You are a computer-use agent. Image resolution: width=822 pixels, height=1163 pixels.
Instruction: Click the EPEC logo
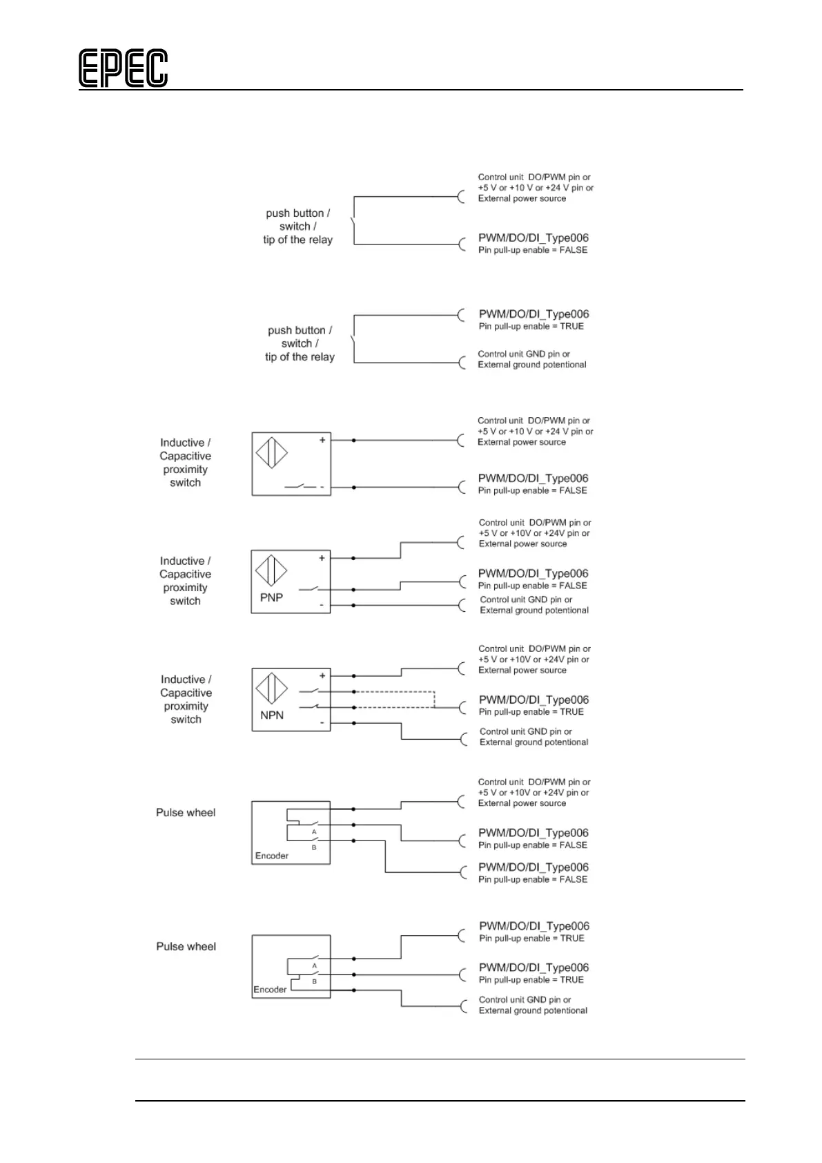coord(123,68)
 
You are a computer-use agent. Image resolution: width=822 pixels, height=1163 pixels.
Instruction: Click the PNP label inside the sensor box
coord(271,597)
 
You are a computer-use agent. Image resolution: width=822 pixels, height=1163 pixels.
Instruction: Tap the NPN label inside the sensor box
coord(272,715)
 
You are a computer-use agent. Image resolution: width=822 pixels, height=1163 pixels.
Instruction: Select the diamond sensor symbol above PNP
coord(271,570)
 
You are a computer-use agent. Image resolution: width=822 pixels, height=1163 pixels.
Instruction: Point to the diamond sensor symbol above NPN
coord(272,688)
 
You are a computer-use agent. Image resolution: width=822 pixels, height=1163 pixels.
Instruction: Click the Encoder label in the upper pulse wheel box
coord(272,856)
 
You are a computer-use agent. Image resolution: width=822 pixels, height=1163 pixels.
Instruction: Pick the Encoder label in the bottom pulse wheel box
coord(270,990)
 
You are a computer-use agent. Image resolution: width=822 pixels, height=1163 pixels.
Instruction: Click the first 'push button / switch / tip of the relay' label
coord(297,227)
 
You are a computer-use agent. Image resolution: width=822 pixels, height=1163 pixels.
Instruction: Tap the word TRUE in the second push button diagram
coord(571,326)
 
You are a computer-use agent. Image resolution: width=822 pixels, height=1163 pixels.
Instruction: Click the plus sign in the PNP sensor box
coord(322,558)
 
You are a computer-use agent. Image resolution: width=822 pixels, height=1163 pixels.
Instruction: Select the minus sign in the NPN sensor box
coord(322,722)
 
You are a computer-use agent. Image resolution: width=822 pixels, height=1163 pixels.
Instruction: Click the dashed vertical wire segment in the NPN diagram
coord(434,699)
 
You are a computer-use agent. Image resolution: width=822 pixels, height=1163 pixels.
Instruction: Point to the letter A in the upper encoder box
coord(314,832)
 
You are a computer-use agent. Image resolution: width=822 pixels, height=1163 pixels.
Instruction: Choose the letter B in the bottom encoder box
coord(314,981)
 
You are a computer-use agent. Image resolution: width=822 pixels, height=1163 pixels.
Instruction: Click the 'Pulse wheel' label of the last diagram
coord(186,946)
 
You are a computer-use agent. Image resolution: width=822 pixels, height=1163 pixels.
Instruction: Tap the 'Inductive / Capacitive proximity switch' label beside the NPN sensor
coord(186,699)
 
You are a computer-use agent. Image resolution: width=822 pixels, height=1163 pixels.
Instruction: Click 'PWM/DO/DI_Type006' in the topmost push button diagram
coord(534,238)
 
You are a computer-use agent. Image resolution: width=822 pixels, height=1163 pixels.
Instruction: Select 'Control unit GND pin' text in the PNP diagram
coord(526,599)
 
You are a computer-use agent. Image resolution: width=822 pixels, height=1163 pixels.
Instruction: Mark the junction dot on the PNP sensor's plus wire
coord(353,558)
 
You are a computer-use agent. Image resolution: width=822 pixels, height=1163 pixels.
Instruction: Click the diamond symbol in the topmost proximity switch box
coord(271,452)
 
